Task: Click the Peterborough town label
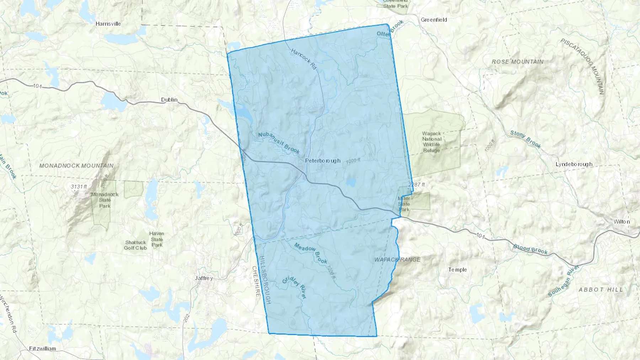322,161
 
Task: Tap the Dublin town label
169,100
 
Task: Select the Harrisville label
108,24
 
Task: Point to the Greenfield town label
434,20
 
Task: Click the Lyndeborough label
574,164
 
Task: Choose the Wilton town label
622,222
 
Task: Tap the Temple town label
457,270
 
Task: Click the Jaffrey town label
204,278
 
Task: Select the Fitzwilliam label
43,349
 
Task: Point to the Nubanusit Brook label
279,143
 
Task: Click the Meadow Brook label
311,253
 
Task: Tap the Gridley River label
294,287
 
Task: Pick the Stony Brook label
526,139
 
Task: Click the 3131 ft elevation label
79,187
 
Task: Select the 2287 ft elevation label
417,185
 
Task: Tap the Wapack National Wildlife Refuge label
432,142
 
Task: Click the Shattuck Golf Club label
135,245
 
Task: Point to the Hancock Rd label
303,59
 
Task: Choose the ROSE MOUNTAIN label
517,62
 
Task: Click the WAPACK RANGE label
397,260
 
